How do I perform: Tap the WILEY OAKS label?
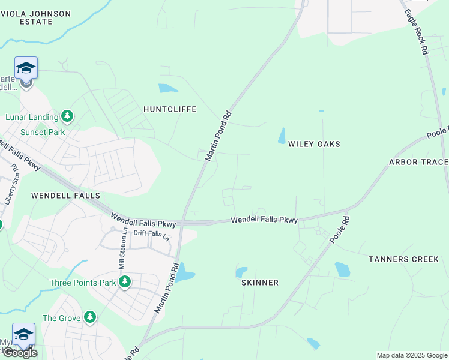click(314, 144)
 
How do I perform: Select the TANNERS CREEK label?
click(404, 259)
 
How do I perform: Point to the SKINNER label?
click(260, 283)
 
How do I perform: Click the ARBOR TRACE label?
click(418, 162)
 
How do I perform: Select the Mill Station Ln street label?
click(122, 248)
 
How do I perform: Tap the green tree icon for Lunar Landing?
click(68, 116)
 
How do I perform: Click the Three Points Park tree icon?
click(125, 281)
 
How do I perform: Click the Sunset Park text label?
click(43, 132)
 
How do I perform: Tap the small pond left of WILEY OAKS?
click(282, 136)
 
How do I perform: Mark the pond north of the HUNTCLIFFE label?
click(167, 88)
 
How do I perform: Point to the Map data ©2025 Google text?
click(412, 355)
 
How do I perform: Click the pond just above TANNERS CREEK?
click(343, 269)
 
